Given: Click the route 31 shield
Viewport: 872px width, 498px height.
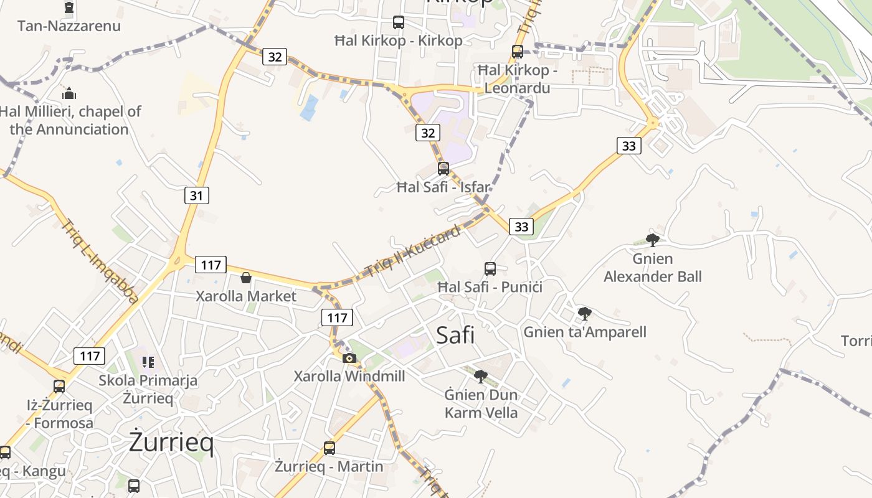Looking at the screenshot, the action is click(196, 195).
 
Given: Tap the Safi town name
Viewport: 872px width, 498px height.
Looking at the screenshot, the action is click(455, 335).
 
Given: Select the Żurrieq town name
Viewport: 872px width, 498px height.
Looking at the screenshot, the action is click(171, 443).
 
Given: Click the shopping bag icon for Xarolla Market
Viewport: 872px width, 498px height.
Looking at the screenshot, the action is click(246, 277).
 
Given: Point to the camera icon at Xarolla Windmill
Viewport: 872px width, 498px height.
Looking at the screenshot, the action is click(349, 358).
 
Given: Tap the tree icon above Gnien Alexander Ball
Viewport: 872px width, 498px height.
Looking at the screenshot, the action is click(652, 240).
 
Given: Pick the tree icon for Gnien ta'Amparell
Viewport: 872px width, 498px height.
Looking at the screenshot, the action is click(584, 313).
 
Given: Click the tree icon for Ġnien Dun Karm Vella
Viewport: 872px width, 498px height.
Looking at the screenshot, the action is click(480, 376).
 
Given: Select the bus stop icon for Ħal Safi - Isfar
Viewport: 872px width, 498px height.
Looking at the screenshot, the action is click(443, 168).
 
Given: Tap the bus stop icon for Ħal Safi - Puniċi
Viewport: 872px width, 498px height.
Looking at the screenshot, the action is click(490, 269).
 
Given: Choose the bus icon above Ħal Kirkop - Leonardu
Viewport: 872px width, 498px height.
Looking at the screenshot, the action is click(518, 52).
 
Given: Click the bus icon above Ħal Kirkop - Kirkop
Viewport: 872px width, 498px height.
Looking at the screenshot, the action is click(399, 22).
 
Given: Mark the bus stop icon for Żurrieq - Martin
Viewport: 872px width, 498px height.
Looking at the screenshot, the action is click(329, 448).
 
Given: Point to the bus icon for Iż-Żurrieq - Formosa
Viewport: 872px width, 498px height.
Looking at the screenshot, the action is click(59, 386).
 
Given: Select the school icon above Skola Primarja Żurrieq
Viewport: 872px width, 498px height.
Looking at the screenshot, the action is click(148, 362).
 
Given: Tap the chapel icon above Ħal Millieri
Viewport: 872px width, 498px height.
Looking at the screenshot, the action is click(69, 93).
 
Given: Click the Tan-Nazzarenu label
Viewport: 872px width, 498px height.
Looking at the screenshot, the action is click(69, 26).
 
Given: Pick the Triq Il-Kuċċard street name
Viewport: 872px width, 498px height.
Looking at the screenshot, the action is click(412, 251).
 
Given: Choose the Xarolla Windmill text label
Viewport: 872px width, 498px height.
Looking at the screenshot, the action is click(349, 376).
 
